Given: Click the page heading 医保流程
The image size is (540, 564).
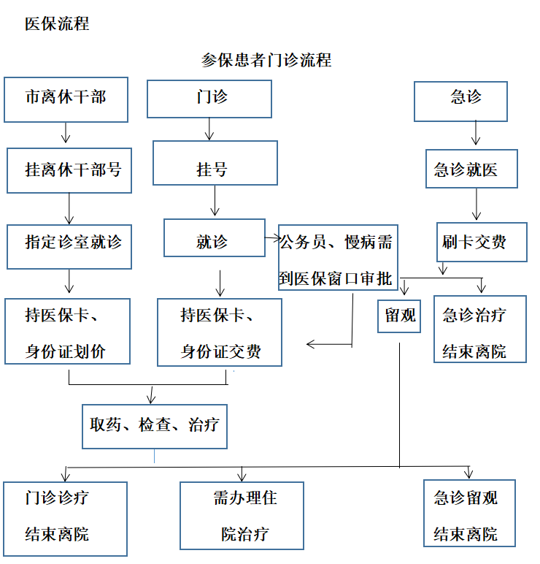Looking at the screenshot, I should (57, 23).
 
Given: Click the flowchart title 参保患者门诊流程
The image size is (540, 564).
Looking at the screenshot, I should (266, 60).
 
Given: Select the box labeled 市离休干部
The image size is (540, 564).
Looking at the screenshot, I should (66, 99).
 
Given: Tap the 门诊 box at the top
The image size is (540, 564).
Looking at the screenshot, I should (209, 99).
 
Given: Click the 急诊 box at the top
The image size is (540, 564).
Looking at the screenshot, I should (460, 101).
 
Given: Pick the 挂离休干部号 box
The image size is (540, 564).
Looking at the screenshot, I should (69, 170).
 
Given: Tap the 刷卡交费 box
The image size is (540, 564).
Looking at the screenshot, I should (482, 242).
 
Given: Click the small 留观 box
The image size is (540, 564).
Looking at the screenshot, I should (399, 316).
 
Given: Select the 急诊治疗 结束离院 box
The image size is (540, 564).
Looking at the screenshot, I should (479, 329).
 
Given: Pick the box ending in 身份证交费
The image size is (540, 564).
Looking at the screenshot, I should (220, 332).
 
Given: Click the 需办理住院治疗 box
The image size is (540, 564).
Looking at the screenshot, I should (242, 515).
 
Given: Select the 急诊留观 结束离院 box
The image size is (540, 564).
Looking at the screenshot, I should (469, 513).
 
